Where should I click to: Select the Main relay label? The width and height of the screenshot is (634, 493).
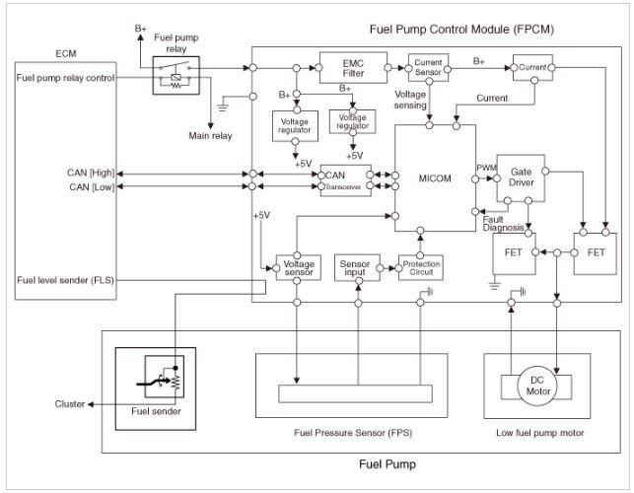210,136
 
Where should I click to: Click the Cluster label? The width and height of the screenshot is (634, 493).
70,404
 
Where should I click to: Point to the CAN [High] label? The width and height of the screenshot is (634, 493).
91,173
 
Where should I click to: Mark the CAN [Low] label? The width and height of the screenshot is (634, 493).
92,186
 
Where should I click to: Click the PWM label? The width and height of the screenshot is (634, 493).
486,168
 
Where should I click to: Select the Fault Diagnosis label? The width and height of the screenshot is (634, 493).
503,224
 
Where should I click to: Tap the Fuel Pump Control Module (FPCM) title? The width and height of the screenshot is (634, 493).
461,30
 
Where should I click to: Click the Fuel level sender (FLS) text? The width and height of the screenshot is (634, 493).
65,280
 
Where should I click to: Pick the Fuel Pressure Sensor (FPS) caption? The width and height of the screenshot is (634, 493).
353,433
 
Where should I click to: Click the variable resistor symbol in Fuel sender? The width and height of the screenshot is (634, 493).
176,382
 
